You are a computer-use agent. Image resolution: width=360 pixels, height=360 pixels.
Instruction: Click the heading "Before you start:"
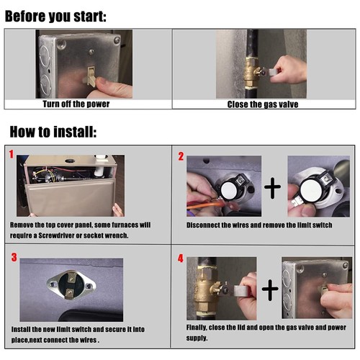click(x=55, y=17)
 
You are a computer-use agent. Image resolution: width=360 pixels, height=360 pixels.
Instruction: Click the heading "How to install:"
click(x=53, y=132)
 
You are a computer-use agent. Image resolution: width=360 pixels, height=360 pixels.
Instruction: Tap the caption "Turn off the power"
click(x=76, y=104)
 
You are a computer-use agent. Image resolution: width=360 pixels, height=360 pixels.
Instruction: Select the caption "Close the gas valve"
click(x=263, y=104)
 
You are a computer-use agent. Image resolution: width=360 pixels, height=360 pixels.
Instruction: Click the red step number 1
click(x=12, y=154)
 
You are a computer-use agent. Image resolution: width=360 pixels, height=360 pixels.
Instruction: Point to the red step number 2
click(x=181, y=156)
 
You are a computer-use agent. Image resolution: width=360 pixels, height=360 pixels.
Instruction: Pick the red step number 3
click(x=14, y=257)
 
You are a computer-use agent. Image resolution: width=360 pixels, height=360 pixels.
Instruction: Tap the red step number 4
click(x=181, y=258)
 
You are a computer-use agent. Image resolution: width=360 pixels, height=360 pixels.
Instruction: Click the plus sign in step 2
click(x=272, y=188)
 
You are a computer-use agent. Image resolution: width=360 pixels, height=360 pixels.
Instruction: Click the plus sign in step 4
click(x=270, y=290)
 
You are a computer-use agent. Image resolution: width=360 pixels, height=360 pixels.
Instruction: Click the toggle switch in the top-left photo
click(x=91, y=76)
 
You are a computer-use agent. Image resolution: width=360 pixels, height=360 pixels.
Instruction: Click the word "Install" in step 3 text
click(x=21, y=329)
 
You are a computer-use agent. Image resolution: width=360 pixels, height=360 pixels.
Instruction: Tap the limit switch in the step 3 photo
click(x=71, y=285)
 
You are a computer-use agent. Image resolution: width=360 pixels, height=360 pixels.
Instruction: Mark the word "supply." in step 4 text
click(x=197, y=338)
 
